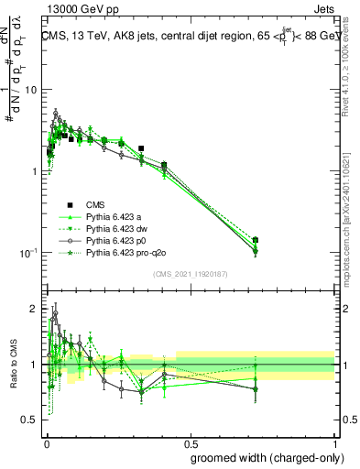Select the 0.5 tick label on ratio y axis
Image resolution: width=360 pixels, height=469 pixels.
point(30,420)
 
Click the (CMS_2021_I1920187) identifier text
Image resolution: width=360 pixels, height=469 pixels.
point(190,274)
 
